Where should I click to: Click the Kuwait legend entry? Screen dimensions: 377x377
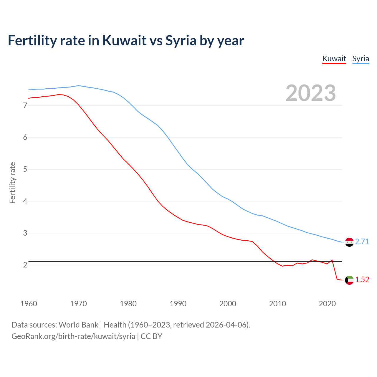tap(334, 59)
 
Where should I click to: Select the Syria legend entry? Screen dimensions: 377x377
tap(361, 59)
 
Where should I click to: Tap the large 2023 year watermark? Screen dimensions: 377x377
tap(310, 93)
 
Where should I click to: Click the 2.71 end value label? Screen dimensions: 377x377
tap(362, 242)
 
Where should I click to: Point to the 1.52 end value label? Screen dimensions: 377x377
tap(362, 280)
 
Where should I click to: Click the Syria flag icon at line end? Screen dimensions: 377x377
tap(349, 242)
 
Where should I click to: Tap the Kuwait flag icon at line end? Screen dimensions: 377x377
tap(349, 280)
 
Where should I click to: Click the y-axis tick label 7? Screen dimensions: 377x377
tap(25, 105)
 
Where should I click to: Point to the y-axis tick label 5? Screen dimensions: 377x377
tap(25, 169)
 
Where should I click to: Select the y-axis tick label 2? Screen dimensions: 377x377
tap(25, 265)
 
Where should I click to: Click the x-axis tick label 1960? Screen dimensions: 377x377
tap(29, 304)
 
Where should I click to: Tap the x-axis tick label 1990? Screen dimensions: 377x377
tap(178, 304)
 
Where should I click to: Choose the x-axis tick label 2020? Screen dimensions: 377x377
tap(327, 304)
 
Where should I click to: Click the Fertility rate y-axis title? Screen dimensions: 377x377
tap(12, 183)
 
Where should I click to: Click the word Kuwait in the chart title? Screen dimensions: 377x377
tap(124, 40)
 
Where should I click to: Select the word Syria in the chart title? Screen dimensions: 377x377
tap(181, 40)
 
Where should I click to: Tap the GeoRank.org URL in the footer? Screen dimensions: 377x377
tap(73, 336)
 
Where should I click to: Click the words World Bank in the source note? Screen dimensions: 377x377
tap(78, 325)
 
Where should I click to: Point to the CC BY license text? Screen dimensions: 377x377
tap(151, 336)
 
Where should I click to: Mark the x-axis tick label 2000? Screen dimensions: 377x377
tap(228, 304)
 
